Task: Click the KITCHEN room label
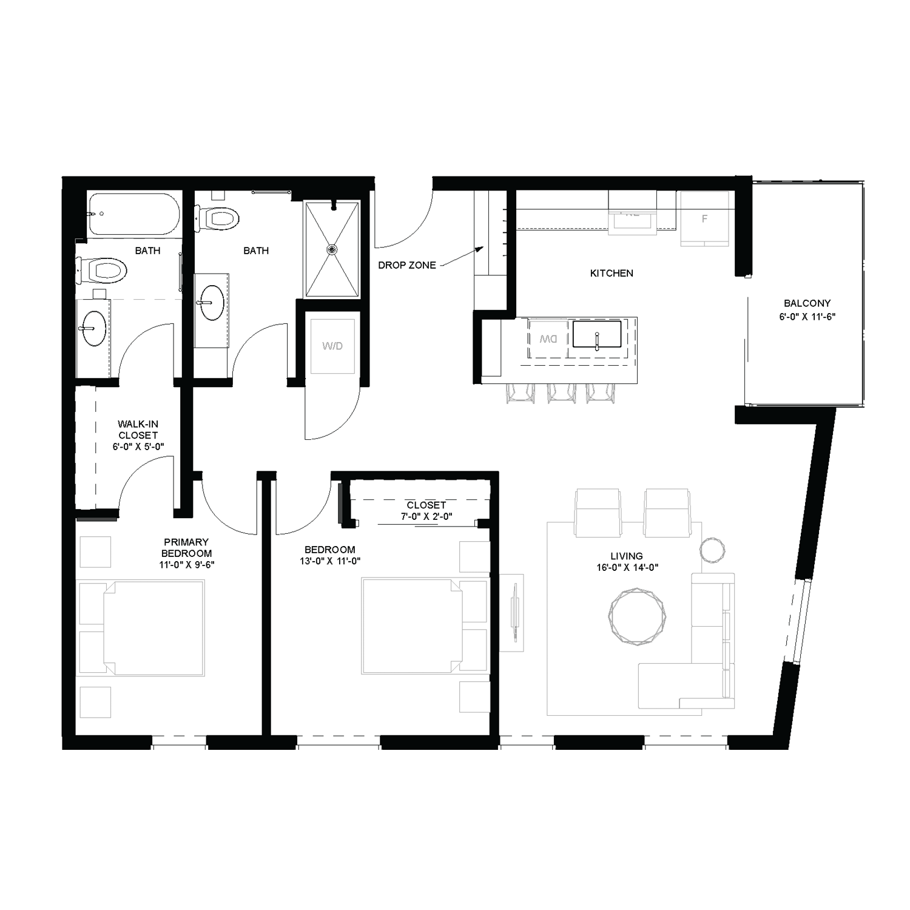pos(612,273)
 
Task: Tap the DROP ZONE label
pos(406,265)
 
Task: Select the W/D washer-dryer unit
pos(332,346)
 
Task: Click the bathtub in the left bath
pos(134,214)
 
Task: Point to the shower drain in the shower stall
pos(331,249)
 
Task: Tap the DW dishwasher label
pos(548,339)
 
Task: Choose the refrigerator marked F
pos(704,218)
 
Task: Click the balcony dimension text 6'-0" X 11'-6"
pos(807,316)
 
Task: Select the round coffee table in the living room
pos(636,616)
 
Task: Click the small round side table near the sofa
pos(712,549)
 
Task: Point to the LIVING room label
pos(627,556)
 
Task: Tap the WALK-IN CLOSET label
pos(138,430)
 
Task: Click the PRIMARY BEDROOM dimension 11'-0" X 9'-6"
pos(187,564)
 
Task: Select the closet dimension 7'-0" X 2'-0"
pos(426,516)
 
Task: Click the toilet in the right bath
pos(217,217)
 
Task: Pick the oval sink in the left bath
pos(94,328)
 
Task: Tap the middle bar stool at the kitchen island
pos(561,393)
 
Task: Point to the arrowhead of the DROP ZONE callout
pos(480,248)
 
